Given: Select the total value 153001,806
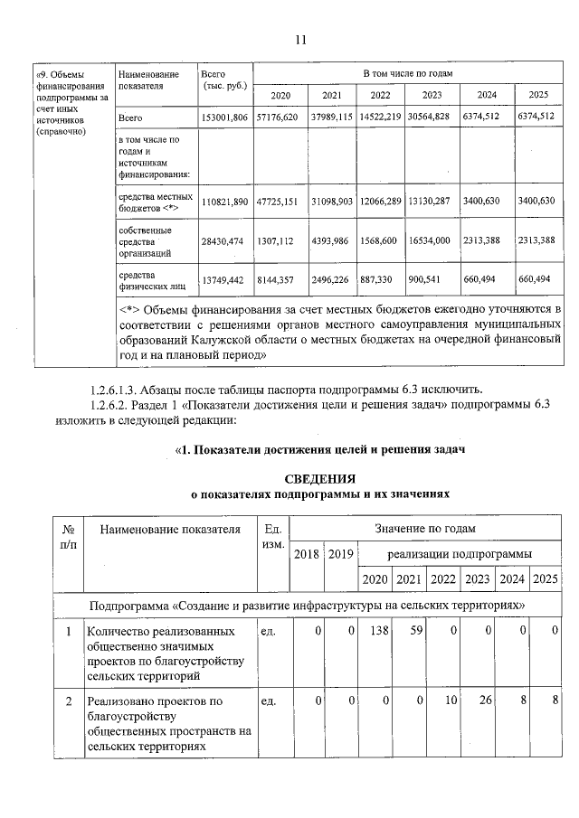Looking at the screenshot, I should click(x=224, y=118).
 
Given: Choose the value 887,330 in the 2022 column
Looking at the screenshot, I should click(x=380, y=280).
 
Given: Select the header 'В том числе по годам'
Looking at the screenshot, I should click(x=407, y=72).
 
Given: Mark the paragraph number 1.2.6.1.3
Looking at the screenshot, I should click(x=114, y=390).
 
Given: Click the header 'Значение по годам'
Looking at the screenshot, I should click(x=425, y=528).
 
